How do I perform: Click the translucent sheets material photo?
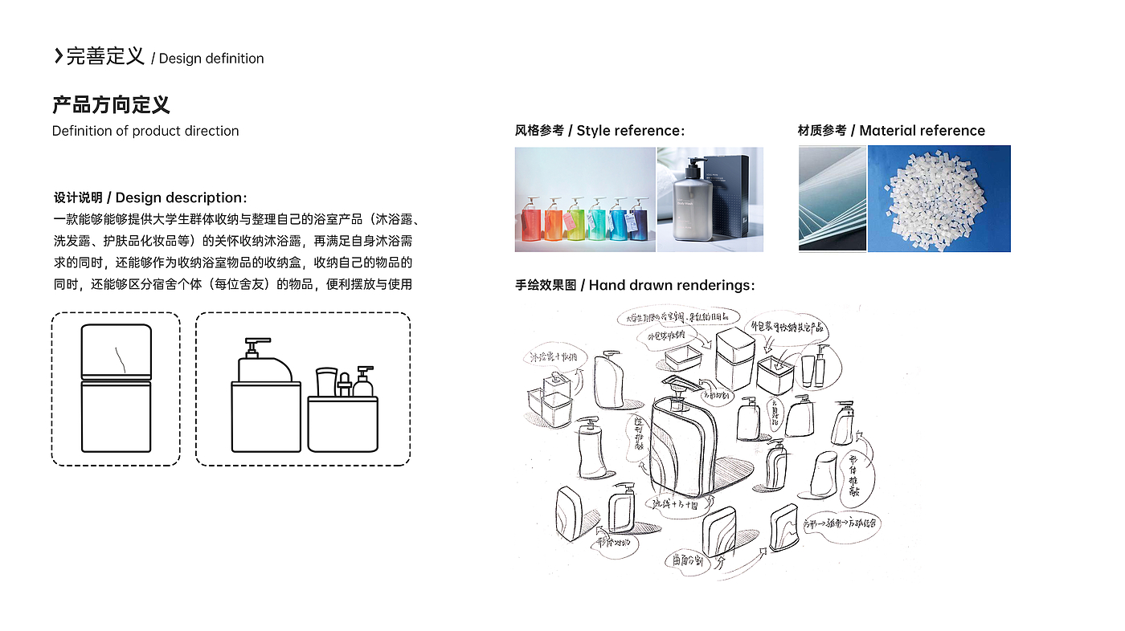click(x=832, y=198)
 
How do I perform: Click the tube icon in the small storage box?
click(x=325, y=381)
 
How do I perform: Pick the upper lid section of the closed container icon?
click(x=117, y=349)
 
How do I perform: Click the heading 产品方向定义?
click(x=111, y=105)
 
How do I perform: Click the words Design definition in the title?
click(x=211, y=59)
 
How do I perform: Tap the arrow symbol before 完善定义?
click(x=58, y=56)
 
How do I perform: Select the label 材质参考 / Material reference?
click(x=891, y=131)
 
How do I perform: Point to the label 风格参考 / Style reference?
click(x=599, y=131)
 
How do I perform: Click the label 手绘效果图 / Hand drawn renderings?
click(x=635, y=285)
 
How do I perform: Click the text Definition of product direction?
click(x=145, y=131)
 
